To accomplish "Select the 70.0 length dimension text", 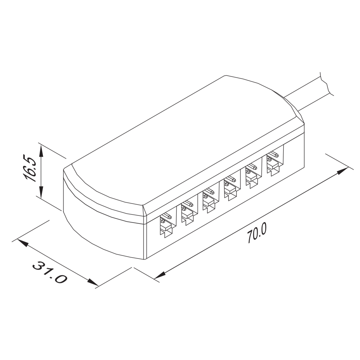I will [x=257, y=234].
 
